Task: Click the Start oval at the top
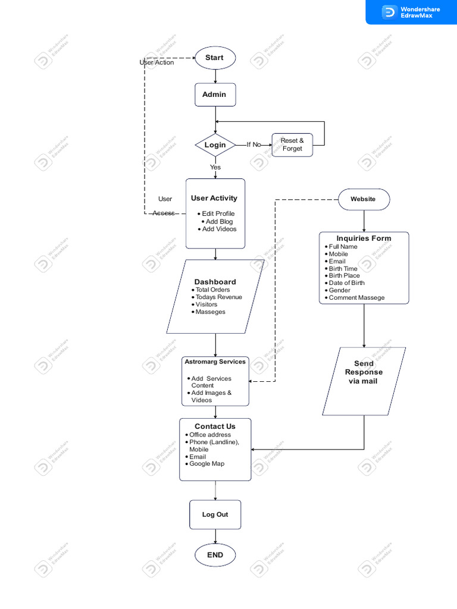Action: (x=215, y=58)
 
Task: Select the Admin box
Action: (x=215, y=95)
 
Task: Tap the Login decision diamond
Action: (x=215, y=145)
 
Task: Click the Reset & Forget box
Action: (x=292, y=145)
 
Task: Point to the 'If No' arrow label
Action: (x=253, y=145)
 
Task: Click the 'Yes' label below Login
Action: (x=215, y=167)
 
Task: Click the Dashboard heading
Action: (x=215, y=282)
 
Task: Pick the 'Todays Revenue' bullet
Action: (x=218, y=297)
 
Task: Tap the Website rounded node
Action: (x=364, y=199)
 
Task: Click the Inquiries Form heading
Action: (x=364, y=238)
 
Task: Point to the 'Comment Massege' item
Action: (x=356, y=297)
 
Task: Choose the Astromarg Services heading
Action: (x=215, y=362)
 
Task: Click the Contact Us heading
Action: (x=215, y=426)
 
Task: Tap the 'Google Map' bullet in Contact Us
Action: (x=206, y=463)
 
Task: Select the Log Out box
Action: (x=215, y=514)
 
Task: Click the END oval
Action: (x=215, y=555)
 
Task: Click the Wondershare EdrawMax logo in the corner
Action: (x=411, y=12)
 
